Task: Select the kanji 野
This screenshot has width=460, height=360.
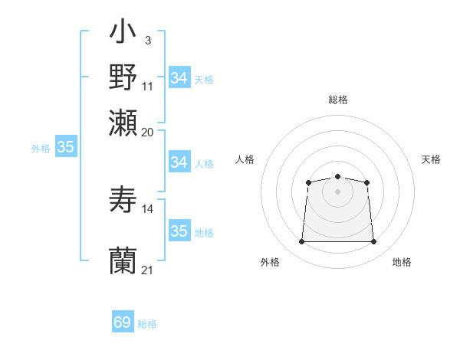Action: tap(123, 78)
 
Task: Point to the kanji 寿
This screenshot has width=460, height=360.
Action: tap(123, 200)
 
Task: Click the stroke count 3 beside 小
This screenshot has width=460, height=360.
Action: tap(147, 39)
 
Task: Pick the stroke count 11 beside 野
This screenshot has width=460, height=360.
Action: tap(148, 86)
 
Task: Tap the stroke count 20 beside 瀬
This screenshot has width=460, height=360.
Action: tap(148, 132)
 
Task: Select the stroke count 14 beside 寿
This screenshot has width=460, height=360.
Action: tap(148, 208)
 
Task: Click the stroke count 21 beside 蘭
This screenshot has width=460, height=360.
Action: tap(148, 270)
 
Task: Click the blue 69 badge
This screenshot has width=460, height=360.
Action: tap(123, 322)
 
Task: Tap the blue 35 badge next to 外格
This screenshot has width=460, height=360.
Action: tap(65, 148)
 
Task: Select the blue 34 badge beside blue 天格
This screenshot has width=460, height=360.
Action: tap(179, 78)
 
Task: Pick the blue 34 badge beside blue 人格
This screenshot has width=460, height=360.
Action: tap(179, 162)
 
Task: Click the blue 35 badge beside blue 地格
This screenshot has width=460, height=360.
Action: tap(179, 231)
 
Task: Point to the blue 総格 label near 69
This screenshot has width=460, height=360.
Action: tap(148, 324)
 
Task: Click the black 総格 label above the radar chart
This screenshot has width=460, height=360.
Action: tap(338, 100)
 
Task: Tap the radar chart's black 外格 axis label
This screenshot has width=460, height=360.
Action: tap(270, 263)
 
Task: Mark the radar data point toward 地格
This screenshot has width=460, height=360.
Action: tap(374, 242)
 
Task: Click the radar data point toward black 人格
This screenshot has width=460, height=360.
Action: tap(308, 182)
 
